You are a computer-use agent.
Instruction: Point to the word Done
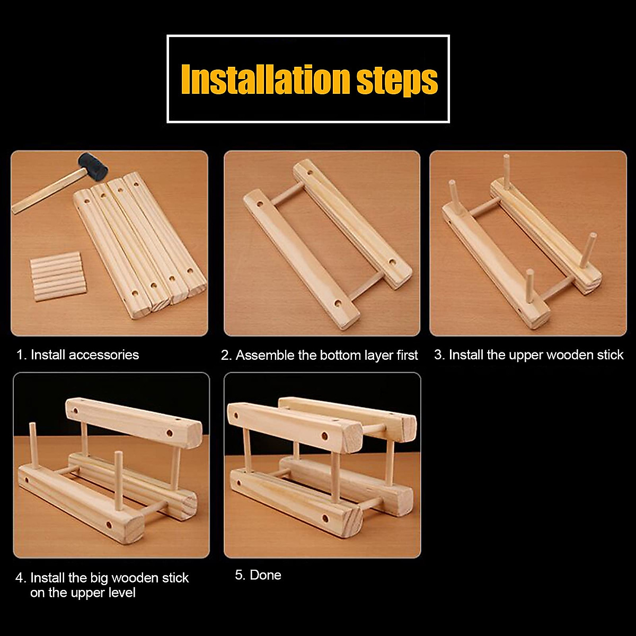coord(266,575)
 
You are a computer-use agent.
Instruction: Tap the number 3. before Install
coord(439,355)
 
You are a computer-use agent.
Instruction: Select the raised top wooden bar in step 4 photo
coord(134,423)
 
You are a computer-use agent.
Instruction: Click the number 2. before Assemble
coord(226,355)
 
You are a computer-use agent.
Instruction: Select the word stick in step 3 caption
coord(610,355)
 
